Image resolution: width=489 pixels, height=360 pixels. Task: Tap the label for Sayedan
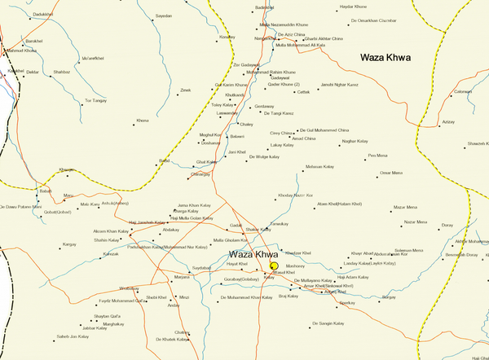click(x=164, y=16)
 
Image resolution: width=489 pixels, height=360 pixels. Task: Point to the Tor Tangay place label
click(x=95, y=100)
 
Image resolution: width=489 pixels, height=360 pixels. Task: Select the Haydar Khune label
click(x=351, y=7)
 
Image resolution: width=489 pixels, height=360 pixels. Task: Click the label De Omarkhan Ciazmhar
click(x=372, y=20)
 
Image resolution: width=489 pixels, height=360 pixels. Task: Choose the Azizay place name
click(x=447, y=121)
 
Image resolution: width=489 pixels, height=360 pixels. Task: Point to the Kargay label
click(x=69, y=244)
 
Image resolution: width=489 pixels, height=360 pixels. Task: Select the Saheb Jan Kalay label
click(x=71, y=336)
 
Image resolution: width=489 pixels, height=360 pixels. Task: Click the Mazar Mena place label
click(x=405, y=208)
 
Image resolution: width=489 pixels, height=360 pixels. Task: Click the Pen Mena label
click(x=377, y=155)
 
